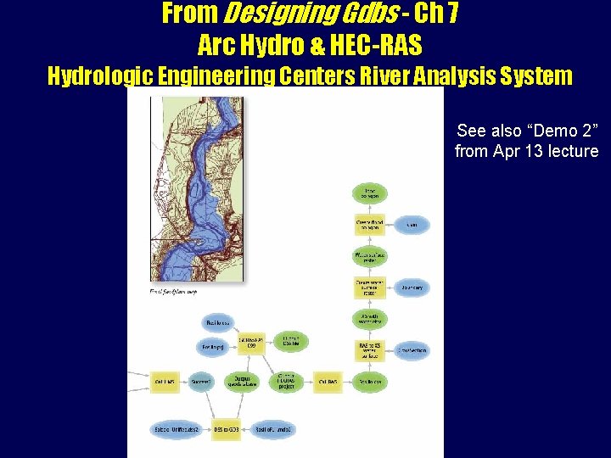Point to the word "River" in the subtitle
click(413, 76)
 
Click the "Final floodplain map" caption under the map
click(173, 291)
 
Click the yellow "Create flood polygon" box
click(369, 225)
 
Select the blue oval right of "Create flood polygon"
click(412, 225)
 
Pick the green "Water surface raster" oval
click(369, 255)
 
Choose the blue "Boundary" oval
click(412, 288)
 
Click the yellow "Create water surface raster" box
click(369, 288)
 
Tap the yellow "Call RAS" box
click(328, 382)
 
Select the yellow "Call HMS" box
click(165, 382)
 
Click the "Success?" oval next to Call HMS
click(202, 382)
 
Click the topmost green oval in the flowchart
click(369, 193)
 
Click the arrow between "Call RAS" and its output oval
click(348, 382)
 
